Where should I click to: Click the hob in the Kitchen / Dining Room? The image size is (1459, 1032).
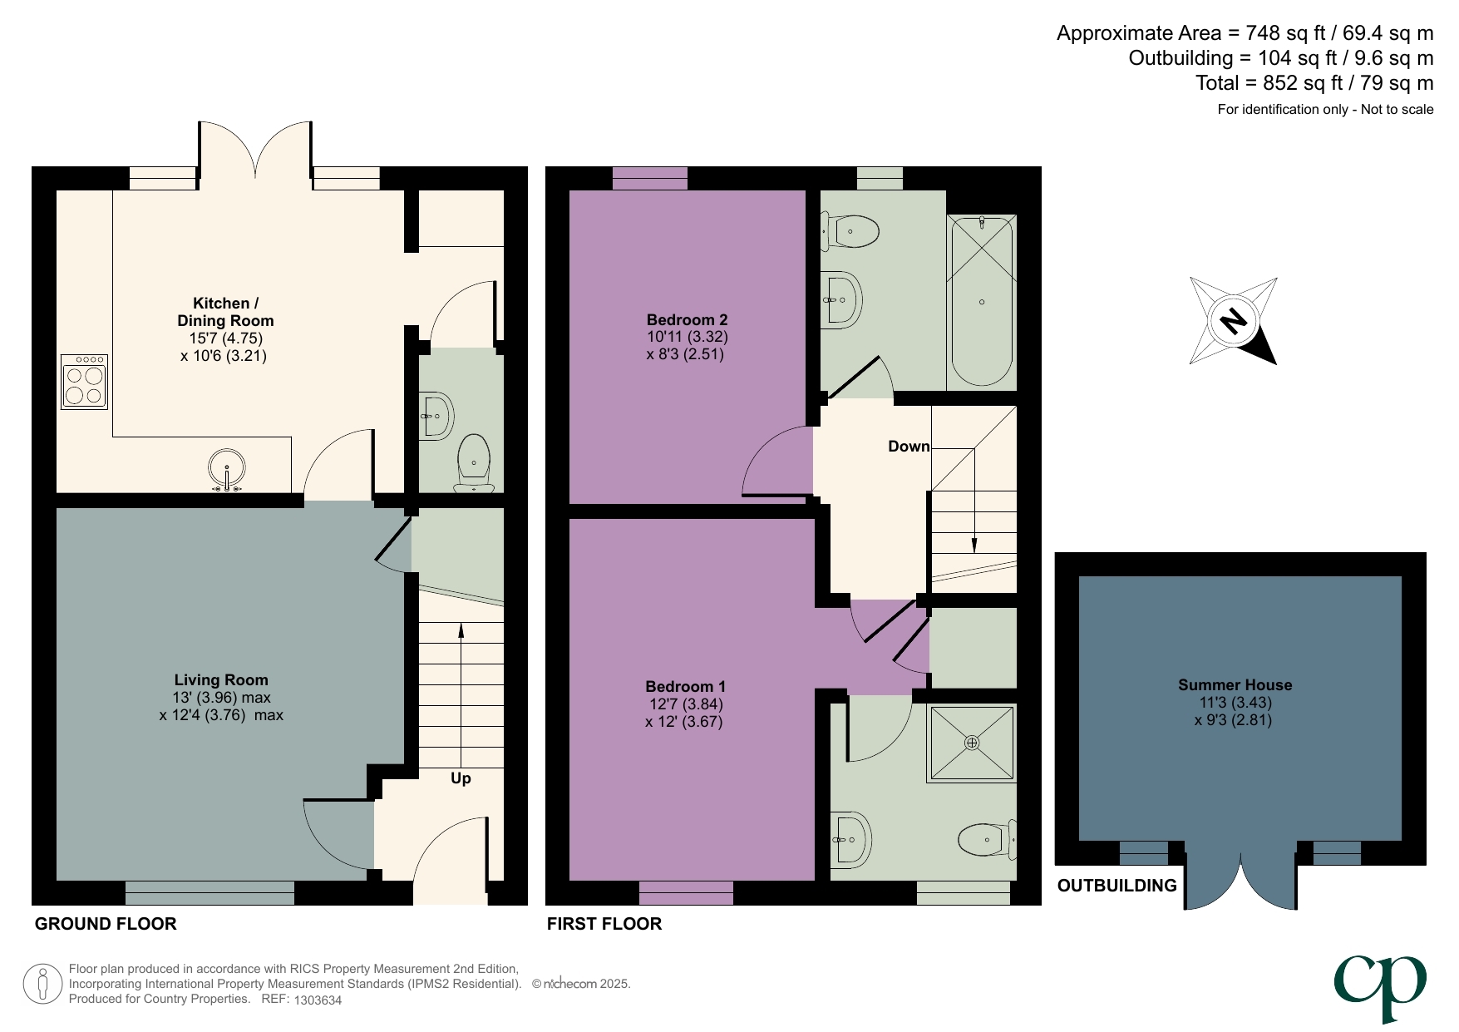85,382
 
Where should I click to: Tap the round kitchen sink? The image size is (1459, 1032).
226,468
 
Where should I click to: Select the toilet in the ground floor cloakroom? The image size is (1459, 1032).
475,462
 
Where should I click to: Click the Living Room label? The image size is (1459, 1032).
221,680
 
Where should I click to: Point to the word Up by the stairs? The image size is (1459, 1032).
461,778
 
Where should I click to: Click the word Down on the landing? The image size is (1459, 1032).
909,447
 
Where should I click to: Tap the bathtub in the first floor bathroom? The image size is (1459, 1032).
982,301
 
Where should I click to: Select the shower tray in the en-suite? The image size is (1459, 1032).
972,743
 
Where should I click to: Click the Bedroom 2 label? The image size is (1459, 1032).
687,320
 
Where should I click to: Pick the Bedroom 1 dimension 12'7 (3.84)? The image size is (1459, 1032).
686,704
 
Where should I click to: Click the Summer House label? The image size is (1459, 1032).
1235,685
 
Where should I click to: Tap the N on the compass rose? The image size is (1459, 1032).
1234,321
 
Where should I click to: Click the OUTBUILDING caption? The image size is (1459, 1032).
1116,886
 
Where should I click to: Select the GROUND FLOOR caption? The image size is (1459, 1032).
106,924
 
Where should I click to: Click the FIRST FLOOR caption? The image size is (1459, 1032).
604,924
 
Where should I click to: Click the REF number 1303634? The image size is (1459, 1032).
318,1000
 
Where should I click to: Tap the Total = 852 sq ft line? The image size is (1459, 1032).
1314,83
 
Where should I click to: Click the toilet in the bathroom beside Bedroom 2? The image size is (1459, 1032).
853,231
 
